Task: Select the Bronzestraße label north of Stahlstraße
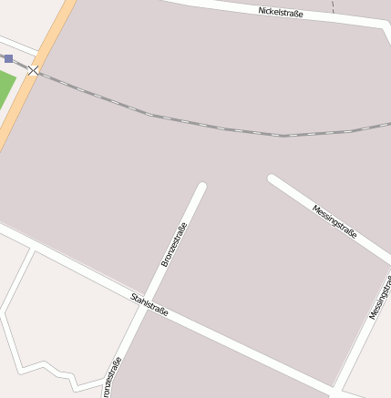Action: (x=174, y=244)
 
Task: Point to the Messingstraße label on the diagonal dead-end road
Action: (x=334, y=221)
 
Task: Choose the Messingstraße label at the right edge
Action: (x=381, y=296)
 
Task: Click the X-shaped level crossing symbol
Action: (x=34, y=70)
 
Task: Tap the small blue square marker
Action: (x=9, y=58)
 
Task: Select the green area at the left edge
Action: (x=5, y=89)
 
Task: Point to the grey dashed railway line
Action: (x=219, y=127)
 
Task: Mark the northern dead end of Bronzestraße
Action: (x=201, y=188)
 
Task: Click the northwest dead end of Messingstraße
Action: (x=273, y=179)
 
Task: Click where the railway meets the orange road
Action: (x=34, y=70)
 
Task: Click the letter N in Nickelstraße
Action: (x=262, y=10)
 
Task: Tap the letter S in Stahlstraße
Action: (x=133, y=296)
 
